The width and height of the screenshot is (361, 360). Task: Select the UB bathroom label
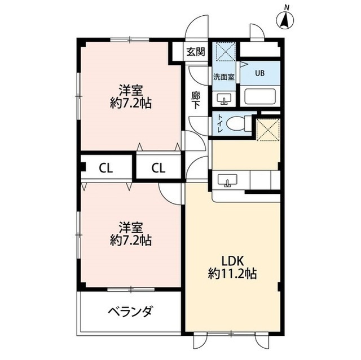point(259,72)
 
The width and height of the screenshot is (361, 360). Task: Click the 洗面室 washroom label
point(224,75)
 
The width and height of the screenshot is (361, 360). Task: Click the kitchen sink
point(228,181)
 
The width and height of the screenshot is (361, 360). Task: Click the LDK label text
point(232,261)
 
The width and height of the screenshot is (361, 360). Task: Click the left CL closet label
point(105,167)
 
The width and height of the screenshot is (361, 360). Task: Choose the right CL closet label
point(158,167)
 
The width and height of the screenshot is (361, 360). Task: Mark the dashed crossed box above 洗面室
point(225,52)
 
